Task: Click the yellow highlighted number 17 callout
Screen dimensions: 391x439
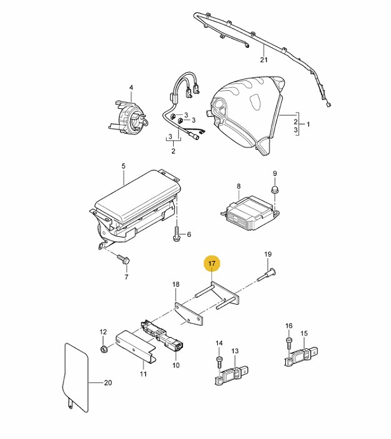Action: pyautogui.click(x=212, y=263)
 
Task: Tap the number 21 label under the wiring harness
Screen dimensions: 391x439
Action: pyautogui.click(x=264, y=60)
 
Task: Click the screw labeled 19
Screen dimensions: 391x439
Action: pyautogui.click(x=266, y=274)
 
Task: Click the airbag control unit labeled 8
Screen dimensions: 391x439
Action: pyautogui.click(x=250, y=213)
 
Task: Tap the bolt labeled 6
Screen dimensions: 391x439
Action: pyautogui.click(x=177, y=234)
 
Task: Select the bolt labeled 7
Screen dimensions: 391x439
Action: pyautogui.click(x=123, y=259)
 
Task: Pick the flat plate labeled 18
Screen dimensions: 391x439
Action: pyautogui.click(x=189, y=314)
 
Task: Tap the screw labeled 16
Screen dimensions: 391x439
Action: pyautogui.click(x=290, y=343)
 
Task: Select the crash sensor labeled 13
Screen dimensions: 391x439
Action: pyautogui.click(x=232, y=374)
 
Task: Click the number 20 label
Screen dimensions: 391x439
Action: pyautogui.click(x=108, y=382)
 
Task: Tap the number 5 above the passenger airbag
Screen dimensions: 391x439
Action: pyautogui.click(x=123, y=166)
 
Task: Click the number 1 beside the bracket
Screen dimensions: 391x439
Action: pyautogui.click(x=308, y=124)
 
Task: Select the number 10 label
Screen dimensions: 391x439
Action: pyautogui.click(x=176, y=365)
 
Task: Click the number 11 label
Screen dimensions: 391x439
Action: pyautogui.click(x=143, y=374)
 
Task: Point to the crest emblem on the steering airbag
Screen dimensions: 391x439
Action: pyautogui.click(x=256, y=99)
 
